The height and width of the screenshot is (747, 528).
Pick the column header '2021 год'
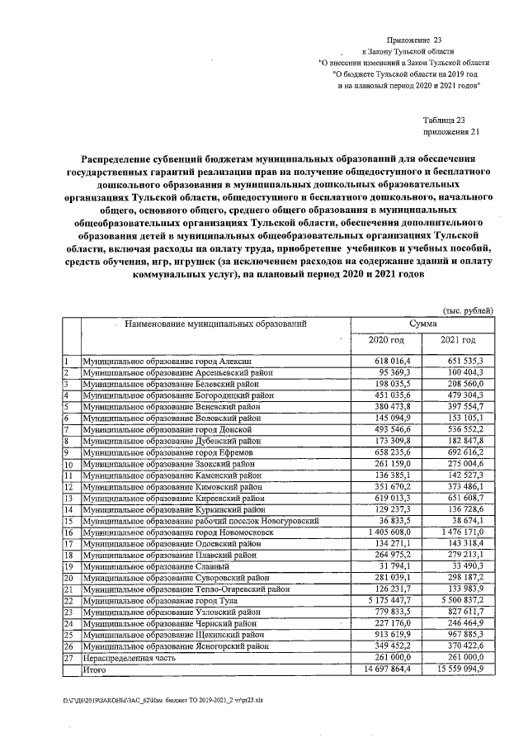(x=458, y=340)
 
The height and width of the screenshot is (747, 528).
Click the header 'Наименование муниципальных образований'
(x=215, y=324)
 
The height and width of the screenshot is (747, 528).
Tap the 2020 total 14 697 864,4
(x=392, y=680)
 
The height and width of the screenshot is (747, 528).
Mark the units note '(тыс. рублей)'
(x=469, y=310)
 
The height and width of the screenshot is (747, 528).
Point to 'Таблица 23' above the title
(x=445, y=120)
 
